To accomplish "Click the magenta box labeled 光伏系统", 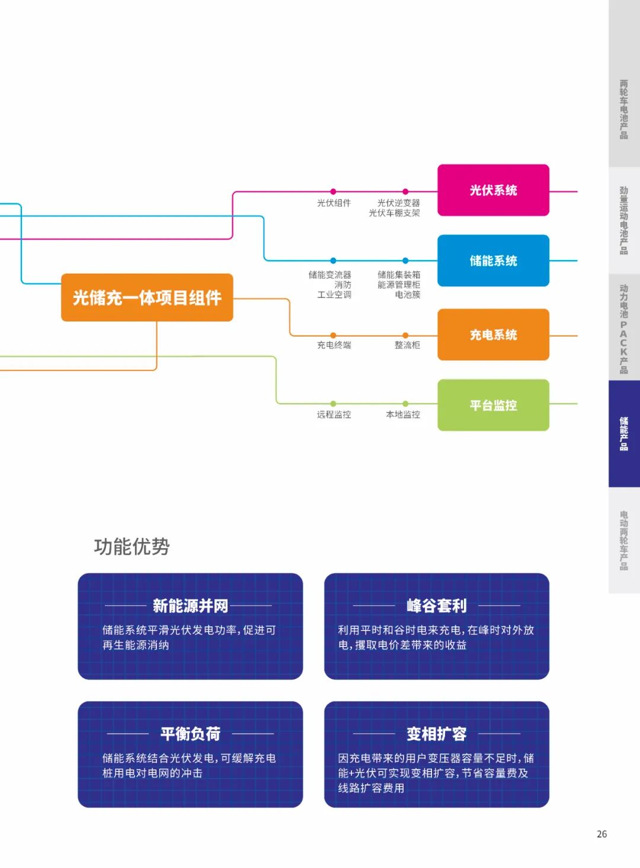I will (x=493, y=190).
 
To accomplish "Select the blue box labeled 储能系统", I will (x=493, y=261).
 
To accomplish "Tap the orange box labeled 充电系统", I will (x=493, y=335).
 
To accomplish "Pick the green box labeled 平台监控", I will (x=493, y=405).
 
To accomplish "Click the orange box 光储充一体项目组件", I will (x=147, y=297).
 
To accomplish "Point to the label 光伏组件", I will (x=334, y=203).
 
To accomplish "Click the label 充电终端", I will (x=334, y=345).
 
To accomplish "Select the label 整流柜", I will (x=407, y=345).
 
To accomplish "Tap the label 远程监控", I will (x=334, y=415).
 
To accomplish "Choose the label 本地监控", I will (x=403, y=415).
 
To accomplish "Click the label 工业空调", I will (x=334, y=294).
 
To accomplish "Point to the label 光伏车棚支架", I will (x=394, y=213).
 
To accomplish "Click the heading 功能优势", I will (x=132, y=546).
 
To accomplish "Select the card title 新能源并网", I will (x=190, y=606).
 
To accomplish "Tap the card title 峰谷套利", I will (x=437, y=606).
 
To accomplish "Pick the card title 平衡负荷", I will (x=190, y=734).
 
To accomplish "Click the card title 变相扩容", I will (x=437, y=734).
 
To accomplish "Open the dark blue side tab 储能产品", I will (x=624, y=434).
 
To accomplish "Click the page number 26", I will (x=601, y=834).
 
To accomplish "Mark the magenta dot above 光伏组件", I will (x=333, y=191).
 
